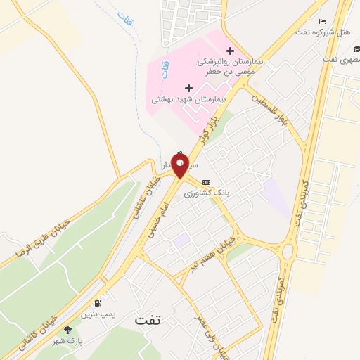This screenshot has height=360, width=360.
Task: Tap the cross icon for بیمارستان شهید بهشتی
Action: tap(188, 88)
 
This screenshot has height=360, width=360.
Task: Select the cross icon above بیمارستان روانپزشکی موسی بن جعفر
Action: tap(231, 51)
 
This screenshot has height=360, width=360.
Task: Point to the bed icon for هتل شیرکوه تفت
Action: tap(323, 22)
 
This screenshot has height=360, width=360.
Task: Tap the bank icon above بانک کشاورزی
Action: tap(205, 182)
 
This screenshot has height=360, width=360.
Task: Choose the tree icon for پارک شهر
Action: tap(67, 330)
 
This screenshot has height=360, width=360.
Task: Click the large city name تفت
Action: tap(148, 319)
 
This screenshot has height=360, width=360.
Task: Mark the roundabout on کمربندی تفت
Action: tap(288, 251)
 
